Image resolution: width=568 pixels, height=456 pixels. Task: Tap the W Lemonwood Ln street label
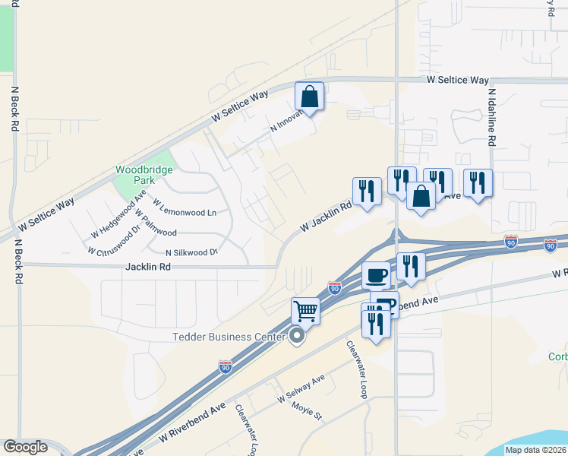(185, 207)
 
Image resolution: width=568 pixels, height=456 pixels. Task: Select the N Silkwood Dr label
(191, 252)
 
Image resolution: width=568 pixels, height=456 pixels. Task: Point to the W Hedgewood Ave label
(118, 215)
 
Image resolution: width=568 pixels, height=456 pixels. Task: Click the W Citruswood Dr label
(115, 239)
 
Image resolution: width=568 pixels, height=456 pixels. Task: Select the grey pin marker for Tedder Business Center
(297, 336)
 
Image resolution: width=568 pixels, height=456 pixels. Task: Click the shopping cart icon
(305, 310)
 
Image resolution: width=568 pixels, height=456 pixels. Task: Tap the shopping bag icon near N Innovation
(309, 97)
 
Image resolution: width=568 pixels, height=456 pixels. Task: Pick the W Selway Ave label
(301, 394)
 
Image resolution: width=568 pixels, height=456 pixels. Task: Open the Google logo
(25, 447)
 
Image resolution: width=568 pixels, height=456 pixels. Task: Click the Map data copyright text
(535, 450)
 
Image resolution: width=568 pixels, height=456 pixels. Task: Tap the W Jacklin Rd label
(327, 216)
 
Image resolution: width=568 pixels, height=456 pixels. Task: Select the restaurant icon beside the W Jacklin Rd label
(367, 192)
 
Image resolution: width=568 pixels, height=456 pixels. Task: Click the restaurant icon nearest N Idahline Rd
(478, 183)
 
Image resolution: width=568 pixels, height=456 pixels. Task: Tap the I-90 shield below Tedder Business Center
(226, 366)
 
